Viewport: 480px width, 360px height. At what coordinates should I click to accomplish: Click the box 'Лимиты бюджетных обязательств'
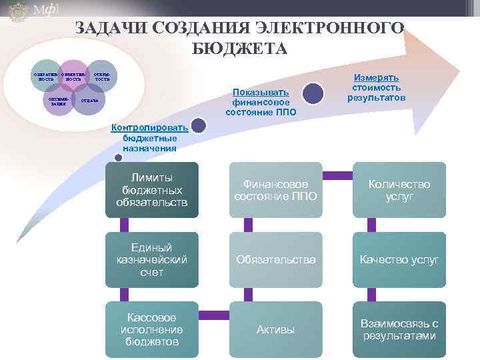click(152, 189)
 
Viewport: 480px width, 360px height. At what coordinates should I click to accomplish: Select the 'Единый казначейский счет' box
click(152, 259)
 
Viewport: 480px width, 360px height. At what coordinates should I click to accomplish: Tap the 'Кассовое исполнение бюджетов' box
click(152, 329)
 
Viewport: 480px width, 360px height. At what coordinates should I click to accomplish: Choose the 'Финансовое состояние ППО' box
click(275, 189)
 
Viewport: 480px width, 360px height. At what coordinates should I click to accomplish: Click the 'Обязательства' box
click(275, 259)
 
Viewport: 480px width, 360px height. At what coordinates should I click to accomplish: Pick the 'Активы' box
click(275, 329)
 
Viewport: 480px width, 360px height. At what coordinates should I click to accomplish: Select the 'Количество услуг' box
click(399, 189)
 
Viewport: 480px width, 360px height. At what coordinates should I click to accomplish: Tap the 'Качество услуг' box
click(399, 259)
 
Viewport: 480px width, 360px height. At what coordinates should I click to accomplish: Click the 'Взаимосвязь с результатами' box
click(399, 329)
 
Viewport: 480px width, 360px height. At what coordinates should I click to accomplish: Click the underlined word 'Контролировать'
click(149, 127)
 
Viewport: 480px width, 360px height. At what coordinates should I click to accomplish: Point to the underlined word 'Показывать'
click(261, 93)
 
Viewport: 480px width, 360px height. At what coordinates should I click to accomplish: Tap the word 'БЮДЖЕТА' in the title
click(239, 49)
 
